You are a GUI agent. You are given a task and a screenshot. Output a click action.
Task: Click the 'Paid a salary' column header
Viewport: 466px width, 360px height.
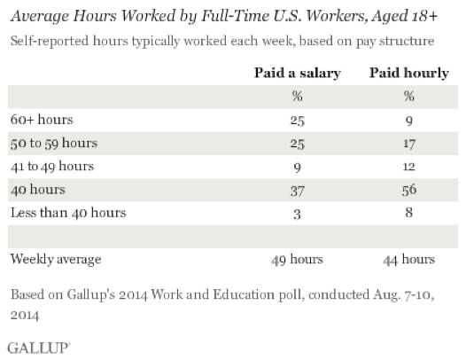297,74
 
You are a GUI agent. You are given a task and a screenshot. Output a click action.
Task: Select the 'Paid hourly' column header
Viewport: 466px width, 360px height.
409,74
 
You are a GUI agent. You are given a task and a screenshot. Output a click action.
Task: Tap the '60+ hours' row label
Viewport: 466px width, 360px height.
42,120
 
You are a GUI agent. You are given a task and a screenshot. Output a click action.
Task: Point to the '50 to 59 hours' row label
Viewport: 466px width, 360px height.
54,143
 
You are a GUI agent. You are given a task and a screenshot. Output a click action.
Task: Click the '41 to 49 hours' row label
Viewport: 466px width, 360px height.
52,167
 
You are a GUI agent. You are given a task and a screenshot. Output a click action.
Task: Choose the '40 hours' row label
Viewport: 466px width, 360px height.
38,190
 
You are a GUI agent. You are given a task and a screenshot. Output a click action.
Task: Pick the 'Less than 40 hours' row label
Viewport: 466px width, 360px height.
68,213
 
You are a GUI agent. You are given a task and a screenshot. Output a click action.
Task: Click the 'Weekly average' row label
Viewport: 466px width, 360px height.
56,259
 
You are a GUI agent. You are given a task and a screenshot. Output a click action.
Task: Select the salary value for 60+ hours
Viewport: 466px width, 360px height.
297,121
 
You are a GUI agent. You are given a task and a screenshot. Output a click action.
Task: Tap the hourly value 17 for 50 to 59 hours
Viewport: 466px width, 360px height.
409,144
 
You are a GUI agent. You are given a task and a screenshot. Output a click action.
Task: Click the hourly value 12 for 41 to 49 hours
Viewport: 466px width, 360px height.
409,167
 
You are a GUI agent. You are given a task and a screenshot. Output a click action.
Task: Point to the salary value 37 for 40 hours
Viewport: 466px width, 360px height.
297,191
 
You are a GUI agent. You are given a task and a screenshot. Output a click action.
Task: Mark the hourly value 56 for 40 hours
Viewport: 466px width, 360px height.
409,190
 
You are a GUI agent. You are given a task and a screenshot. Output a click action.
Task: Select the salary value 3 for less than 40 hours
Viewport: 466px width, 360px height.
297,214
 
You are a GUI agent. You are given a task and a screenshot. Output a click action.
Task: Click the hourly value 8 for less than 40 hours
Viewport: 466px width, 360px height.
409,213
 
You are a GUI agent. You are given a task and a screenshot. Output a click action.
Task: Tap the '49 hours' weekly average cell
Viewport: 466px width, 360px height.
297,260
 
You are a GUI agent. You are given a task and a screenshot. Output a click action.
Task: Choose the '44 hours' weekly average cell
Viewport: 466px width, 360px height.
409,260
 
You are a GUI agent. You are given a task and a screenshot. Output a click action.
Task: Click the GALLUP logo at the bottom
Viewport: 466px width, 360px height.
39,348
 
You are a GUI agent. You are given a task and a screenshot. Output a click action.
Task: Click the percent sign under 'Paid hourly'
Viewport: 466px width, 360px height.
409,96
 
